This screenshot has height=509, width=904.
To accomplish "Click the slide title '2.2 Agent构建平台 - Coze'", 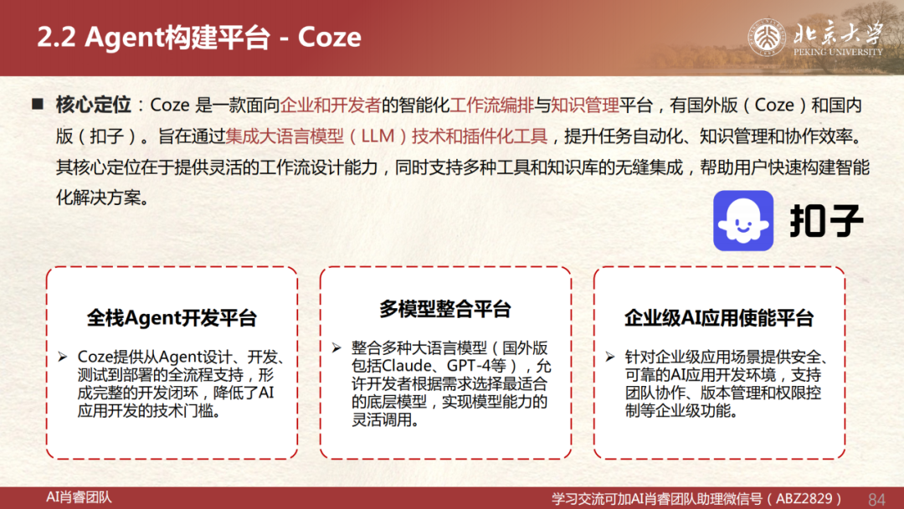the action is (x=199, y=38).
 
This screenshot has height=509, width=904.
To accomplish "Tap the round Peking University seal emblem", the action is (x=767, y=38).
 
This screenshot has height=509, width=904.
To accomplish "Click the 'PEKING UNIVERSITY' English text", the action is (x=838, y=52).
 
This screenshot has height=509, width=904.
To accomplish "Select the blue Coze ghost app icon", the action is (x=743, y=221).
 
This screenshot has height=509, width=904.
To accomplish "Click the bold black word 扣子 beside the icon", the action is (x=826, y=221).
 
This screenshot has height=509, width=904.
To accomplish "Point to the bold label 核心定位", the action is (x=94, y=105).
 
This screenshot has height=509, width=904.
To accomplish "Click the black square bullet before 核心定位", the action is (x=38, y=104).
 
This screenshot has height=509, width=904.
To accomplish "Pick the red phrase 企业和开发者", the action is (x=331, y=105).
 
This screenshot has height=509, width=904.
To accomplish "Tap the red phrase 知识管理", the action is (x=585, y=105).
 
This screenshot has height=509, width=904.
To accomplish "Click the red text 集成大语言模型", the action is (x=285, y=136).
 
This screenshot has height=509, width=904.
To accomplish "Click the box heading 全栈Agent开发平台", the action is (x=172, y=317).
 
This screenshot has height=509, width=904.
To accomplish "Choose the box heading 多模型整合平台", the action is (x=445, y=309).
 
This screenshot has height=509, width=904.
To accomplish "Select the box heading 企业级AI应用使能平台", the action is (x=719, y=317).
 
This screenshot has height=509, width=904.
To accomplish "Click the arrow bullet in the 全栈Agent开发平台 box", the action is (x=63, y=357).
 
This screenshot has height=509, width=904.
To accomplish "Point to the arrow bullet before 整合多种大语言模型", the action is (x=336, y=347).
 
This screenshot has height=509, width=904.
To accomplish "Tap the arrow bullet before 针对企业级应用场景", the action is (x=610, y=357).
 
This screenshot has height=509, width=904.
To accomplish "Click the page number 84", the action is (x=876, y=499).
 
